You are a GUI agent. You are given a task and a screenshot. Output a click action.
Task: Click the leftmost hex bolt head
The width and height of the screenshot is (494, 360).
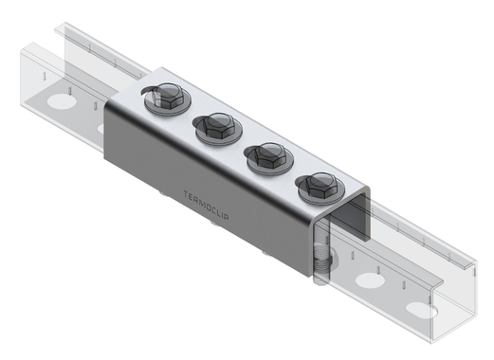(167, 97)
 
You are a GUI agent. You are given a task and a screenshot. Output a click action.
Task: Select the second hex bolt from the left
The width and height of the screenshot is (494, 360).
(217, 125)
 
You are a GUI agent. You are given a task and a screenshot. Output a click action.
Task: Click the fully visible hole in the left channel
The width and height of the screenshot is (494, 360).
(59, 99)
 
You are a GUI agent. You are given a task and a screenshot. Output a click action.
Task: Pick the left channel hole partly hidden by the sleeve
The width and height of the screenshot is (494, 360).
(103, 126)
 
